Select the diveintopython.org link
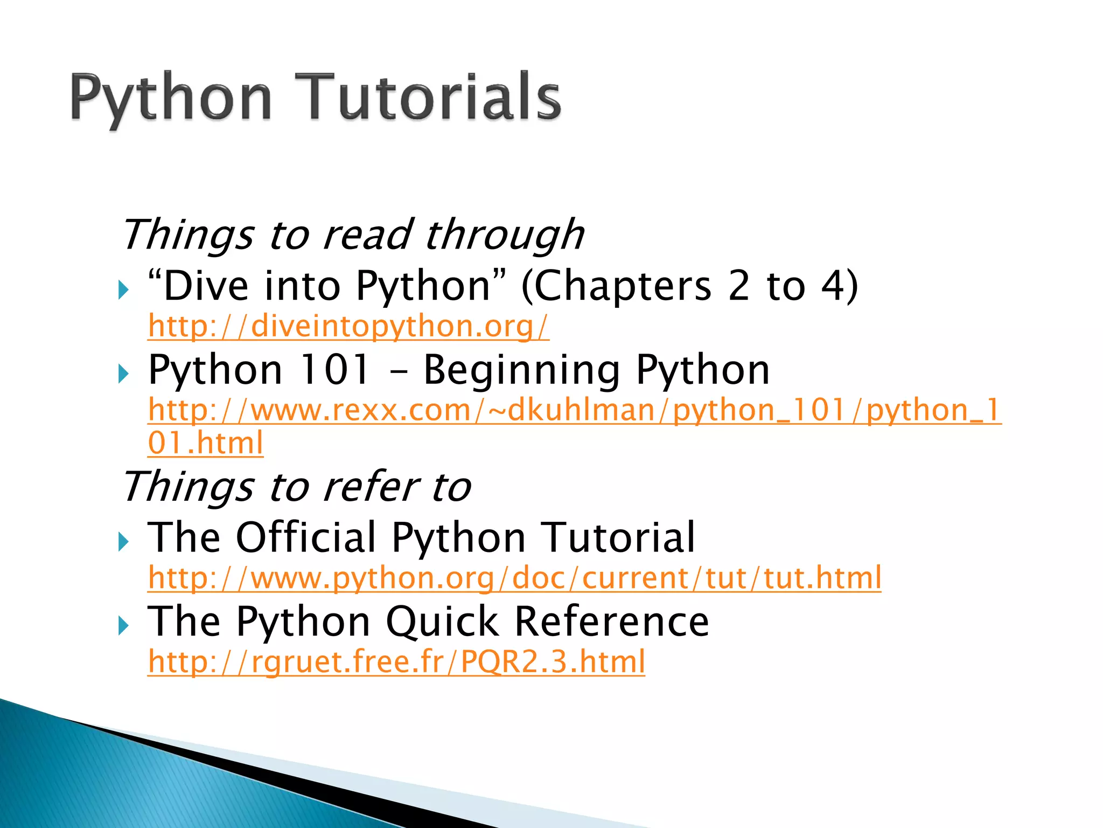(x=348, y=327)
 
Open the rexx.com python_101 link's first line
(x=574, y=410)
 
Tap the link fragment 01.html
(x=205, y=443)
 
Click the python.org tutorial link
(x=514, y=578)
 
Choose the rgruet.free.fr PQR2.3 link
(x=396, y=662)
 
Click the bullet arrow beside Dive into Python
(x=124, y=291)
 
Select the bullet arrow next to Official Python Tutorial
(x=124, y=542)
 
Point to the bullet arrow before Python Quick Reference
(x=124, y=626)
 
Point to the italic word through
(x=504, y=236)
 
